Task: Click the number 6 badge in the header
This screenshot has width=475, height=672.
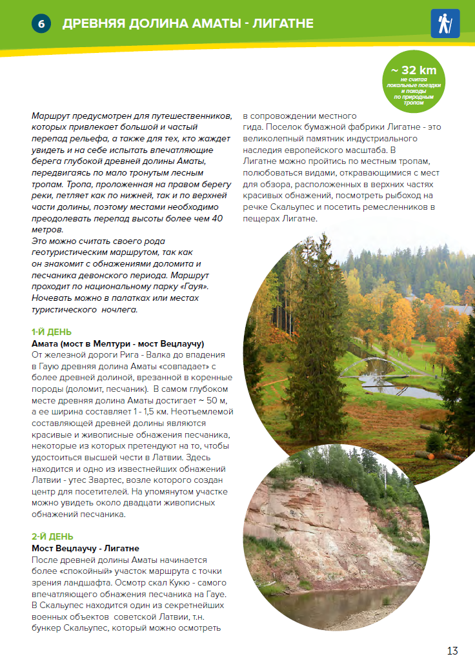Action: click(x=41, y=24)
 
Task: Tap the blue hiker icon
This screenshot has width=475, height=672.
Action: click(x=445, y=24)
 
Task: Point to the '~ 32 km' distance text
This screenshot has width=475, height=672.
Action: click(x=414, y=70)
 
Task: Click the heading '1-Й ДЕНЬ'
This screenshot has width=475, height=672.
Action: click(x=52, y=332)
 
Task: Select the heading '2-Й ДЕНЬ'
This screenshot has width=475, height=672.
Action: click(x=52, y=536)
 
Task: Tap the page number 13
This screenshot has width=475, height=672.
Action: click(x=452, y=651)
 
